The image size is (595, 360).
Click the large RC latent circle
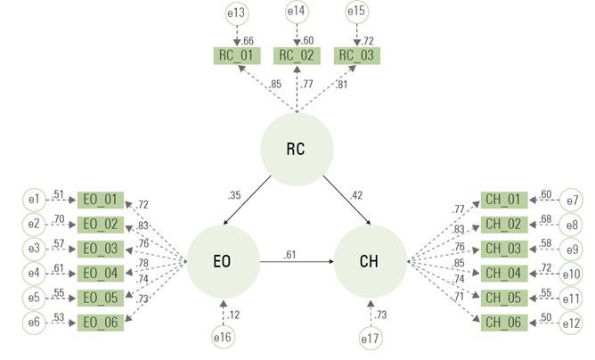(x=297, y=149)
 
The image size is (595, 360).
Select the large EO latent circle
(x=224, y=261)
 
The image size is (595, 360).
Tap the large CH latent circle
(x=371, y=261)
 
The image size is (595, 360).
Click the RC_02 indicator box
(x=297, y=55)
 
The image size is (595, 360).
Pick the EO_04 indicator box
(x=101, y=274)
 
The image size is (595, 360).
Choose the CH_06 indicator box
(x=504, y=323)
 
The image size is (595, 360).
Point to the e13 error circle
(x=236, y=13)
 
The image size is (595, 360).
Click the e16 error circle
(x=223, y=337)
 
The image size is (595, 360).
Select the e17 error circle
(x=371, y=338)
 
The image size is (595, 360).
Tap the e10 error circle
(x=571, y=274)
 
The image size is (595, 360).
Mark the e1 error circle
(x=34, y=199)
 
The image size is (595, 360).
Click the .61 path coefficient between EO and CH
(x=289, y=255)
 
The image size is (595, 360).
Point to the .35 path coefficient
(x=234, y=195)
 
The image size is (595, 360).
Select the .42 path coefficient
(x=356, y=195)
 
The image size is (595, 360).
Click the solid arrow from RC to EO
(x=248, y=200)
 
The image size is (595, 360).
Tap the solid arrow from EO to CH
(x=297, y=261)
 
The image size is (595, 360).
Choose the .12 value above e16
(x=233, y=315)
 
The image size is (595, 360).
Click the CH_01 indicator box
(x=504, y=200)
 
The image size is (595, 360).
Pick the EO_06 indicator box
(x=101, y=323)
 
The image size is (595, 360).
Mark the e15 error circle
(x=356, y=12)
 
